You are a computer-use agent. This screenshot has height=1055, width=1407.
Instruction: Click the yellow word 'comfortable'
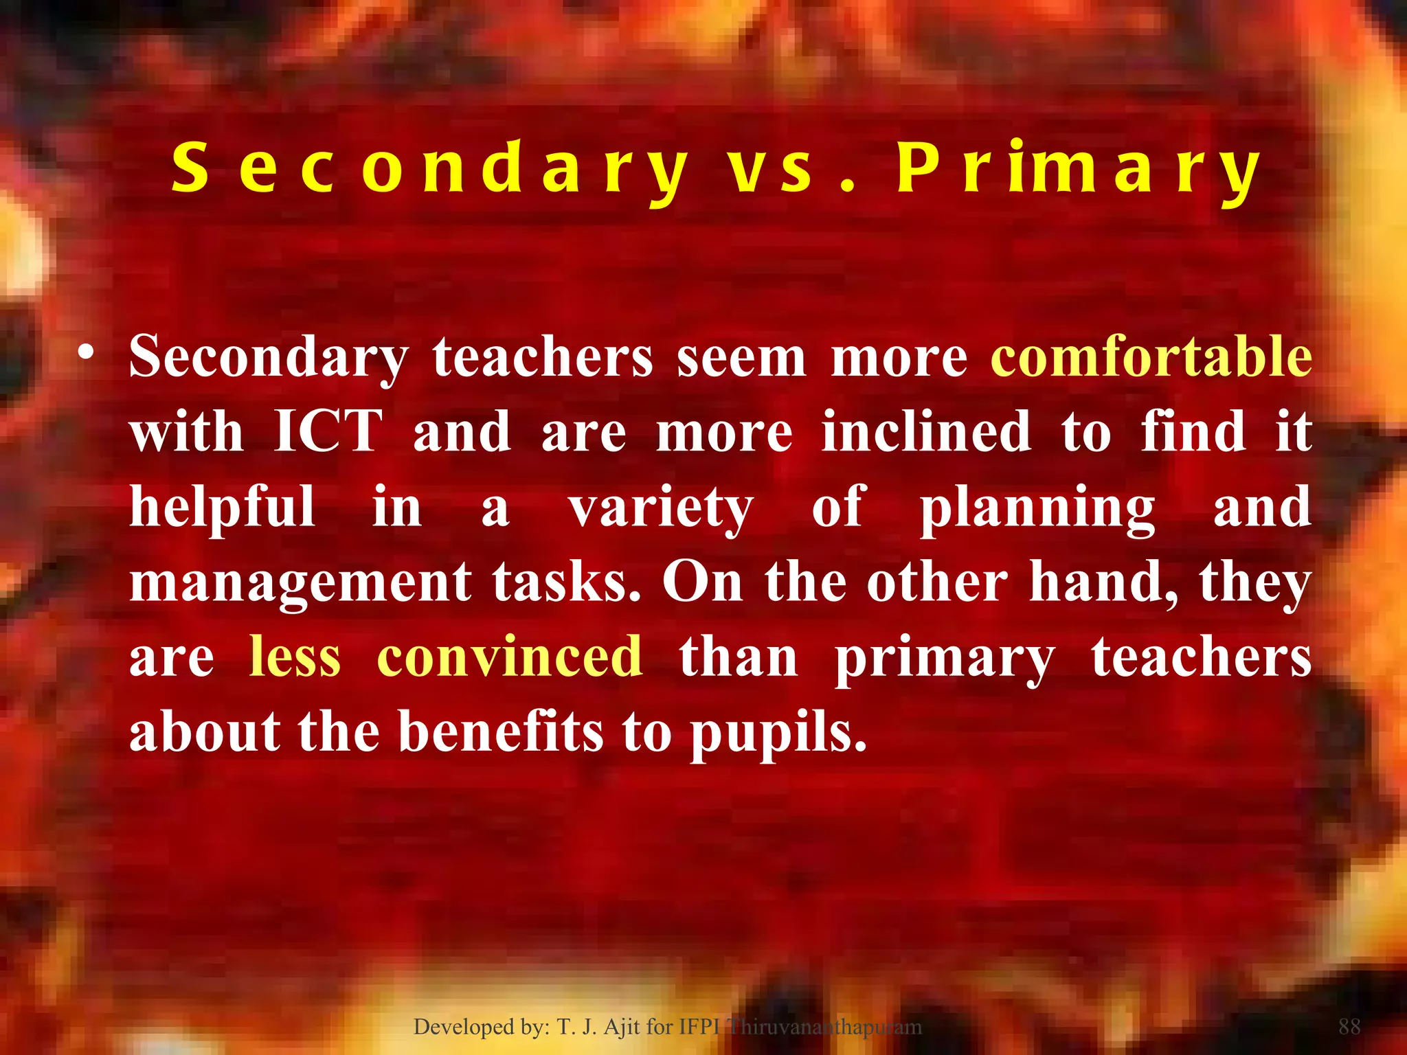tap(1151, 357)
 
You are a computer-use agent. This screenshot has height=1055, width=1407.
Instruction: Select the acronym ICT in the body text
tap(328, 431)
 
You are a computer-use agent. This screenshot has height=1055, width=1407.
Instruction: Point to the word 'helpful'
tap(223, 507)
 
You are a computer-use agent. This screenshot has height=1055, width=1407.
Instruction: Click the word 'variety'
tap(661, 508)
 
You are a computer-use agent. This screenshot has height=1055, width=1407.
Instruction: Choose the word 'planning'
tap(1037, 508)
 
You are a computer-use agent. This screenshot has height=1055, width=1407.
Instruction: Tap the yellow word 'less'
tap(295, 656)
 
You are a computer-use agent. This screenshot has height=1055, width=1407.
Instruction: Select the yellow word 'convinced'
tap(510, 656)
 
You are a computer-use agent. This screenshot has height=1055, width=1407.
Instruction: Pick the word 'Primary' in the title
tap(1079, 170)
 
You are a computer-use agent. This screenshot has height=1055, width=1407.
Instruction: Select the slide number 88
tap(1349, 1027)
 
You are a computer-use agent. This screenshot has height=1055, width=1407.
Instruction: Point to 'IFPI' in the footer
tap(699, 1027)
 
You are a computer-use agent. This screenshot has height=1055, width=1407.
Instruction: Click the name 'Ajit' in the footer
tap(622, 1027)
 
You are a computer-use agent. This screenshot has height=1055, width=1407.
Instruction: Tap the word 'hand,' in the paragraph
tap(1103, 582)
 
